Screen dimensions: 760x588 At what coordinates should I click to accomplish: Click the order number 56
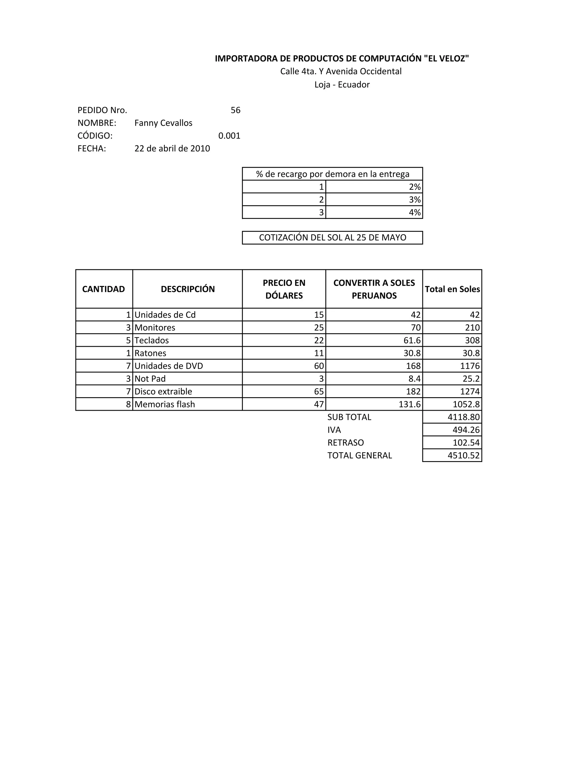point(235,110)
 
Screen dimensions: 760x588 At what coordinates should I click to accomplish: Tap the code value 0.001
point(229,136)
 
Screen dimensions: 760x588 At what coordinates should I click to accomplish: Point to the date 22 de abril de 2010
point(172,149)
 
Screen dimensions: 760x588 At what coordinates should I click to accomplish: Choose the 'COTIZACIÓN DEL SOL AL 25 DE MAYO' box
point(332,238)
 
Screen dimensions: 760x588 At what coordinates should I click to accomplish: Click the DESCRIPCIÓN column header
point(188,289)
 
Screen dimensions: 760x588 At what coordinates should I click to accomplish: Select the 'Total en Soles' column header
point(452,289)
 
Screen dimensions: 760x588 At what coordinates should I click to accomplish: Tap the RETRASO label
point(346,443)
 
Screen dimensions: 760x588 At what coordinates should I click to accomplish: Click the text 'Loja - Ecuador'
point(342,85)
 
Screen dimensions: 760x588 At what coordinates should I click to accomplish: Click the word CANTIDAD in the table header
point(103,289)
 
